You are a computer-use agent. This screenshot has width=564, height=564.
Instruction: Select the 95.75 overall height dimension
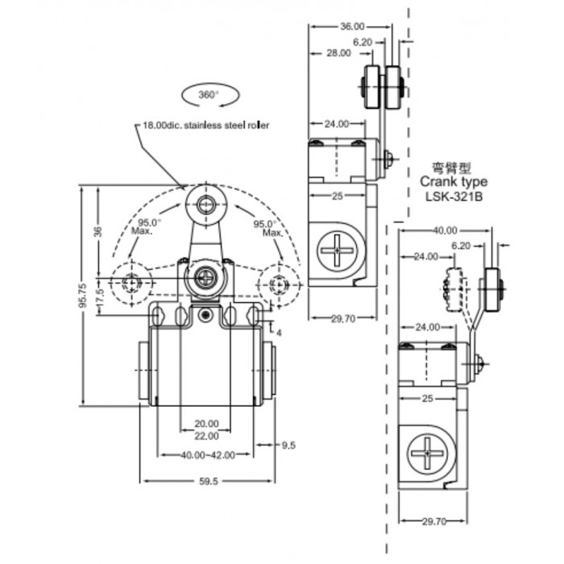(83, 295)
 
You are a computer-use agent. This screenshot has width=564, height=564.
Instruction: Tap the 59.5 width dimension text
(209, 481)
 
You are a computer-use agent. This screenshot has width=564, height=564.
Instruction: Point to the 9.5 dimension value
(288, 446)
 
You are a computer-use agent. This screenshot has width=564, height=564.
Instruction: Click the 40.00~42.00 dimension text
(208, 455)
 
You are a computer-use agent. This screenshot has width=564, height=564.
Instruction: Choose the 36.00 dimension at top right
(352, 27)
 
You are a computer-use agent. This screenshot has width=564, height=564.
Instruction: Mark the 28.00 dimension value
(338, 53)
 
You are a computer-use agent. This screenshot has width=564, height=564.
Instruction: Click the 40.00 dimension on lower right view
(445, 230)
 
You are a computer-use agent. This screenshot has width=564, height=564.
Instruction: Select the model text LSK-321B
(454, 197)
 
